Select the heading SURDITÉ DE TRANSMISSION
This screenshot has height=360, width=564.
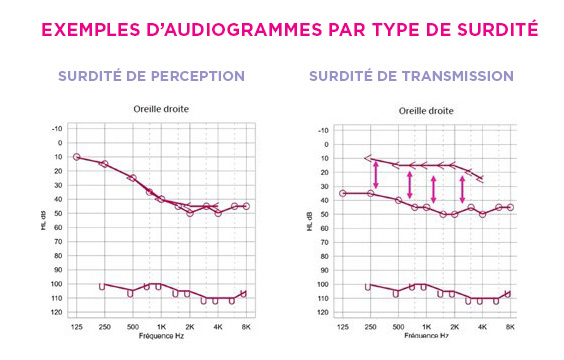(411, 76)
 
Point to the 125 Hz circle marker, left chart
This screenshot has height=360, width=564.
(77, 157)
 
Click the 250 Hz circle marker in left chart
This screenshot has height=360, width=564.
(104, 163)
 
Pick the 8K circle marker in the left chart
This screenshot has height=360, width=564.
(246, 206)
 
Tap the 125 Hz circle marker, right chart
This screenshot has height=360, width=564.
(343, 193)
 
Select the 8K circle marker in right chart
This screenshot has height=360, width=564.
(511, 207)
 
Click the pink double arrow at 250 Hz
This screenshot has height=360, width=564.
(376, 175)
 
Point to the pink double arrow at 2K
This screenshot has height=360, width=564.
(462, 188)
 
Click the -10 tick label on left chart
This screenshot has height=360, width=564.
(57, 128)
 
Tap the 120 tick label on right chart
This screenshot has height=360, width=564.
(322, 312)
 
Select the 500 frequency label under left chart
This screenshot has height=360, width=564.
(132, 327)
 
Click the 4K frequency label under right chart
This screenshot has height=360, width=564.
(483, 327)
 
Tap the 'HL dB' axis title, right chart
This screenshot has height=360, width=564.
(309, 221)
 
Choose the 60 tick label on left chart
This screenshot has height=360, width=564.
(58, 227)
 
